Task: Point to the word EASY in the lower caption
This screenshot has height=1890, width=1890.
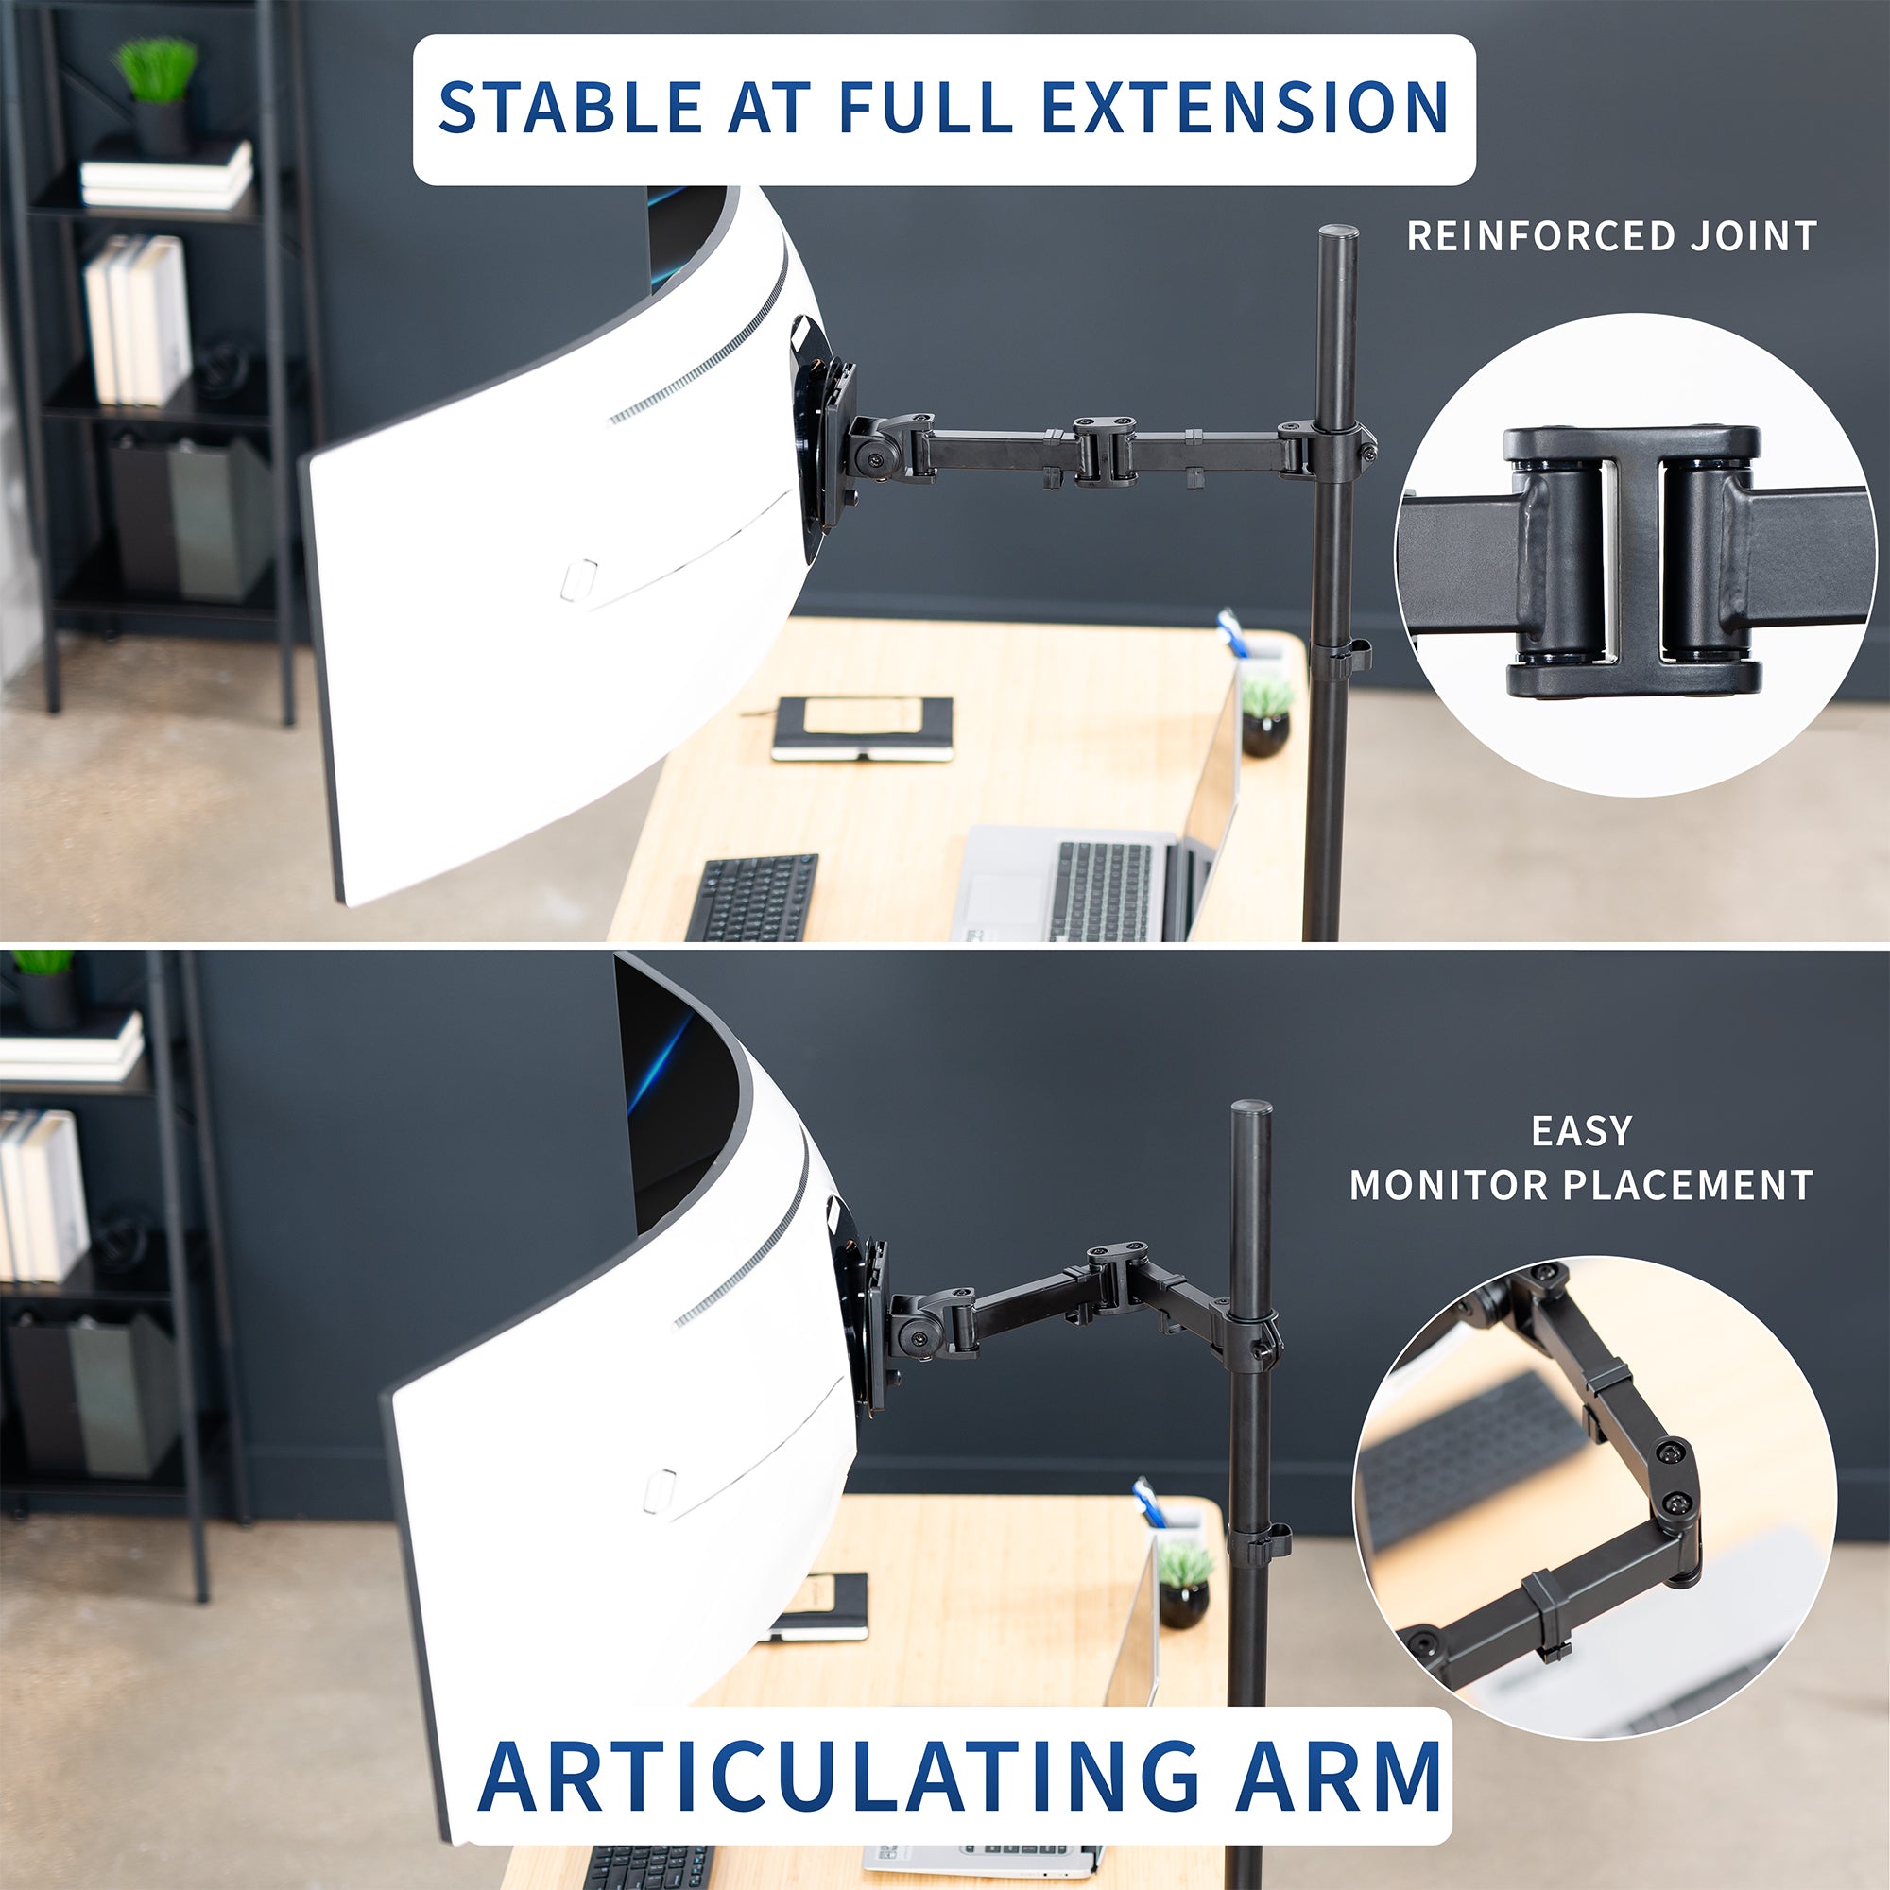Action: tap(1582, 1132)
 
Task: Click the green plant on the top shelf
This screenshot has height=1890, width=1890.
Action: tap(157, 71)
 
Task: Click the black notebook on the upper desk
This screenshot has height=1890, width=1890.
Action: tap(863, 728)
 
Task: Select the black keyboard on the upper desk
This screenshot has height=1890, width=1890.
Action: tap(752, 897)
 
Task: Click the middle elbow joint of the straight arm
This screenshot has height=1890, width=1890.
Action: tap(1105, 450)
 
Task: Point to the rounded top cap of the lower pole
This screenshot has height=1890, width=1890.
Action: tap(1251, 1110)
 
